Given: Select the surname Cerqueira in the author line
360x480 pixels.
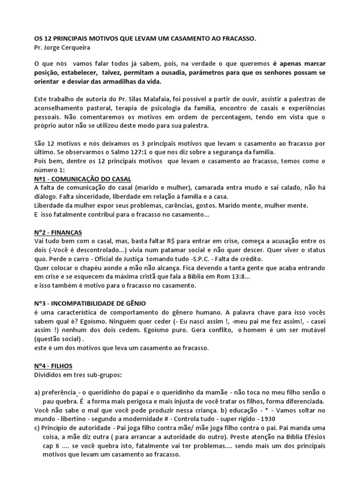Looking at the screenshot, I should (74, 48).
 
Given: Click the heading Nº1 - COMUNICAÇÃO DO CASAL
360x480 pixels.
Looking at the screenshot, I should (83, 180).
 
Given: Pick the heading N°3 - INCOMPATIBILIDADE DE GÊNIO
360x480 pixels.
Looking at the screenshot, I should (93, 304).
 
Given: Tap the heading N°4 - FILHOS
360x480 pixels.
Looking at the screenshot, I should (54, 366).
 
